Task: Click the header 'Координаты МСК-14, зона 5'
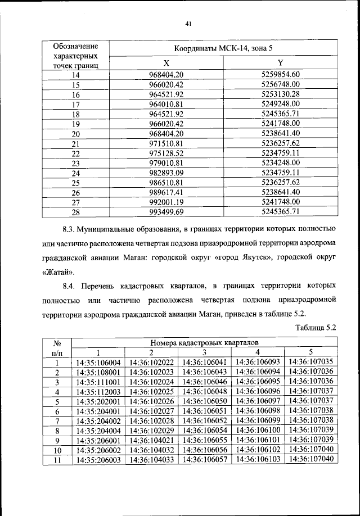tap(223, 49)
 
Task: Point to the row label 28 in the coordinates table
tap(76, 212)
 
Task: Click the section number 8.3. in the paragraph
tap(72, 229)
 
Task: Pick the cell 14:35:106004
tap(98, 362)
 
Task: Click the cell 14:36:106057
tap(205, 459)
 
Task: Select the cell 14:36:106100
tap(258, 429)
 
